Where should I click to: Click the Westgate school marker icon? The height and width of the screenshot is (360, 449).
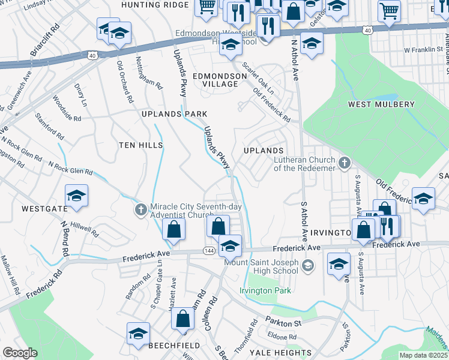76,196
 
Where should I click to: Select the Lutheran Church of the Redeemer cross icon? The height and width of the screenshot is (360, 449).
345,163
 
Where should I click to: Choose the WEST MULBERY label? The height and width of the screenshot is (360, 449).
381,104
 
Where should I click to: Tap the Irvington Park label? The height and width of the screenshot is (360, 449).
265,291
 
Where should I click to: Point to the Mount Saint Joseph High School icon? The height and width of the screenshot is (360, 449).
308,265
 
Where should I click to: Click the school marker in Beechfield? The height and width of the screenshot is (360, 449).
138,334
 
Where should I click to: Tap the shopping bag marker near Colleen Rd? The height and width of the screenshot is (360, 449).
183,319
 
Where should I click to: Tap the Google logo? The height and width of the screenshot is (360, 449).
19,353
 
